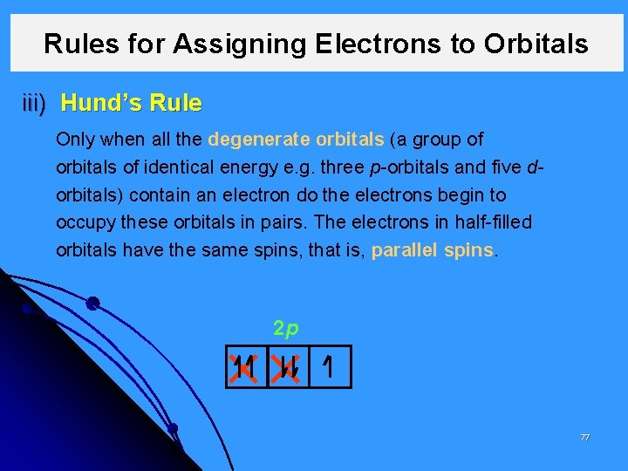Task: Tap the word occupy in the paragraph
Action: (83, 222)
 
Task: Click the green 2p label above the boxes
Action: (287, 329)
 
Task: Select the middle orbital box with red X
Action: (288, 370)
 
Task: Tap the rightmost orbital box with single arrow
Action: (329, 370)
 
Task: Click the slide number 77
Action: (585, 437)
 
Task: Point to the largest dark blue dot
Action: (92, 304)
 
